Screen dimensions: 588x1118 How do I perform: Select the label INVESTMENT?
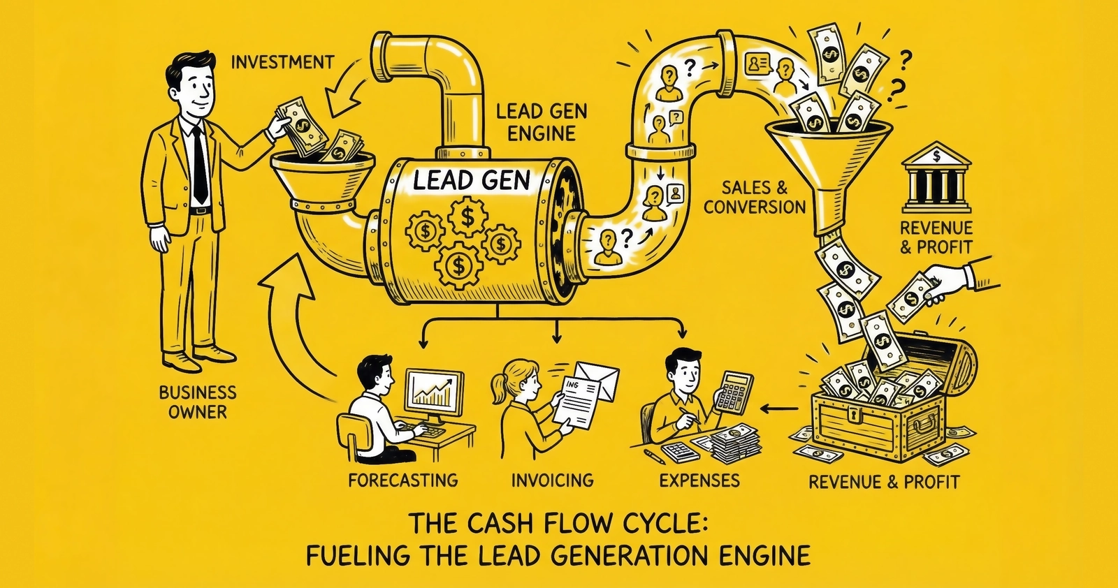click(x=282, y=62)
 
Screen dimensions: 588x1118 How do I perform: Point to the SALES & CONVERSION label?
click(x=755, y=197)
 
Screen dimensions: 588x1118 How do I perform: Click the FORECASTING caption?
click(x=402, y=480)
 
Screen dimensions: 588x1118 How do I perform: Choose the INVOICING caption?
click(x=552, y=480)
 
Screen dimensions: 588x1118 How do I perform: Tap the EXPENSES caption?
click(x=699, y=480)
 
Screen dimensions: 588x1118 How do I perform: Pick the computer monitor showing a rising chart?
click(x=434, y=392)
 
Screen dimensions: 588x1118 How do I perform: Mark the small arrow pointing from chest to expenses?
click(x=780, y=408)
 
